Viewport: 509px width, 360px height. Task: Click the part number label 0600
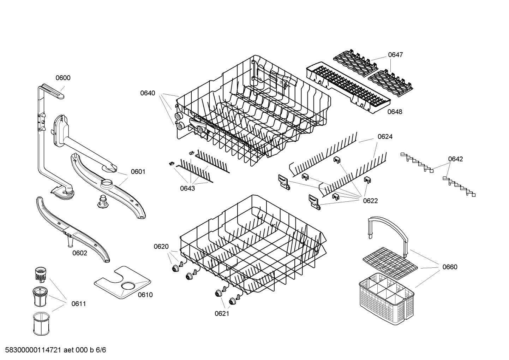(63, 78)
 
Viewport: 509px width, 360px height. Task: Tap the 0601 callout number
(138, 172)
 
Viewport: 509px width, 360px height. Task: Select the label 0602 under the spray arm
(80, 253)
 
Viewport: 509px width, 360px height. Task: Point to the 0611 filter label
(79, 304)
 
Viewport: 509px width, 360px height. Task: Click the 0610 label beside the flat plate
(145, 295)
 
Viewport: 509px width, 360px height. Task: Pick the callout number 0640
(148, 93)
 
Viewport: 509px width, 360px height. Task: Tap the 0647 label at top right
(395, 55)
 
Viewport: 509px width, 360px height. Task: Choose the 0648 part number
(395, 112)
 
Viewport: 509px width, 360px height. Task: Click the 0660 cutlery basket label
(450, 267)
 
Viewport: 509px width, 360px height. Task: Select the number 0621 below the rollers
(222, 314)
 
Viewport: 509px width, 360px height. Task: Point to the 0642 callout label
(456, 159)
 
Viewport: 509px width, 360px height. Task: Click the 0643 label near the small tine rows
(187, 189)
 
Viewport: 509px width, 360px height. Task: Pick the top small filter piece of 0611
(41, 274)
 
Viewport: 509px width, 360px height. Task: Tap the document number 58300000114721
(33, 350)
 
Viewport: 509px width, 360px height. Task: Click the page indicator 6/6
(101, 350)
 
